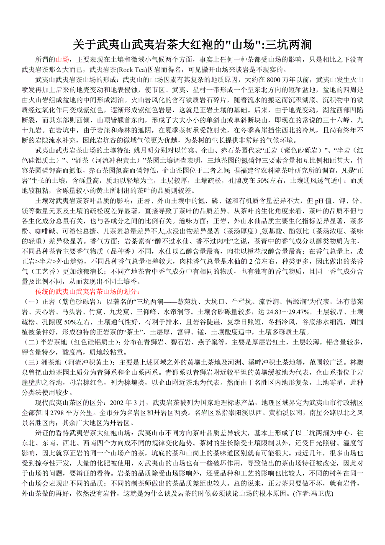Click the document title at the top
pos(192,44)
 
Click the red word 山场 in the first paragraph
pos(63,59)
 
